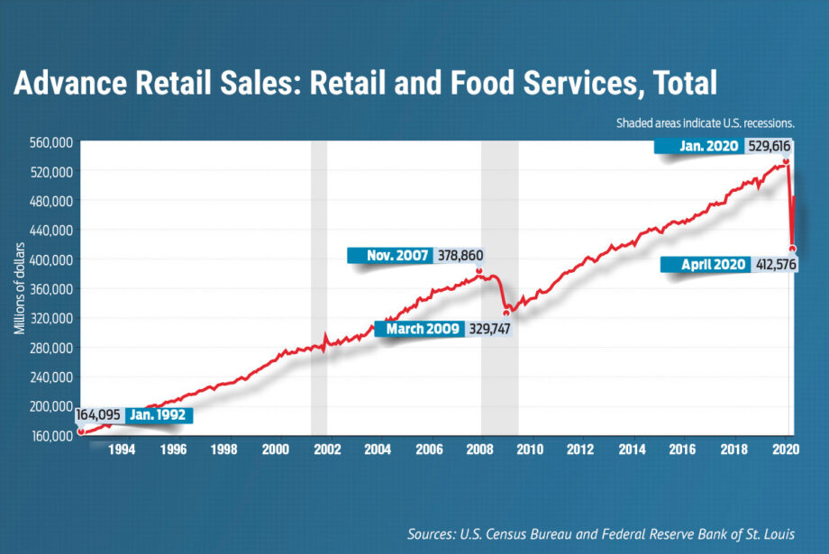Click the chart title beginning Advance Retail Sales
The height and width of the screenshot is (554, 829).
(365, 84)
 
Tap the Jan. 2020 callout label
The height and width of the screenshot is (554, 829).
(699, 146)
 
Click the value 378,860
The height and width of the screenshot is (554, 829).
(459, 256)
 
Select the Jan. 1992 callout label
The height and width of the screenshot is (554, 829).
(159, 415)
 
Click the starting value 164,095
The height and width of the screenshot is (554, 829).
(101, 415)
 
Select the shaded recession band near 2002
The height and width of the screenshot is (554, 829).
(319, 288)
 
